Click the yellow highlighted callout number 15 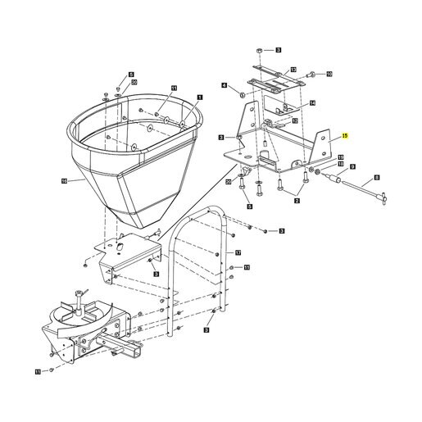tap(345, 136)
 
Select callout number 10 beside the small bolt tap(329, 74)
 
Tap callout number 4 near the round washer tap(224, 85)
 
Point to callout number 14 tap(312, 103)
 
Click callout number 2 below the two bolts tap(297, 201)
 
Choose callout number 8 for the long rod tap(377, 178)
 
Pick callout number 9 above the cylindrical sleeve tap(352, 166)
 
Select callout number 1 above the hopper tap(200, 98)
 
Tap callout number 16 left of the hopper tap(64, 181)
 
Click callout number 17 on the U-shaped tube tap(238, 253)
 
